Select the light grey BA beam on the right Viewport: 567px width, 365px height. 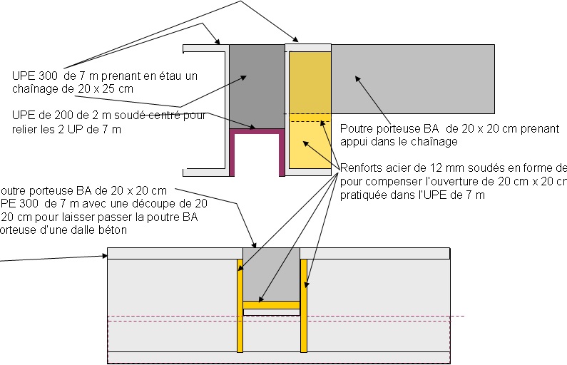[x=414, y=78]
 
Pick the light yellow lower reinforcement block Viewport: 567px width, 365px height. [x=308, y=146]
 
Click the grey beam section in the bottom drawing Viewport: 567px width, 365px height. [x=271, y=274]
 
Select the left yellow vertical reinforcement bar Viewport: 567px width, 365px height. [x=240, y=307]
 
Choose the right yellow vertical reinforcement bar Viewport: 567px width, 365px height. [x=303, y=307]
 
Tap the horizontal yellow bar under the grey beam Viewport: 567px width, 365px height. [x=271, y=305]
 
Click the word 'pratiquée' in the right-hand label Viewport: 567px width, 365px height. [x=364, y=195]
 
